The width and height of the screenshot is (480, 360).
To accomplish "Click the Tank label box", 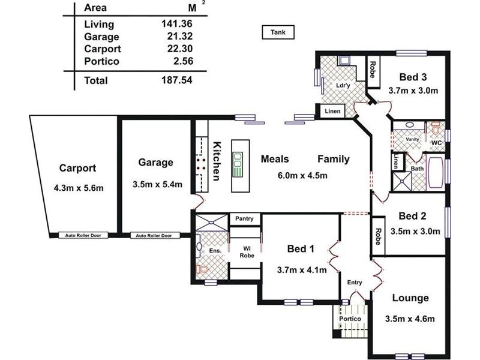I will point(278,32).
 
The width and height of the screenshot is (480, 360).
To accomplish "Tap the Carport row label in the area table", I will point(103,49).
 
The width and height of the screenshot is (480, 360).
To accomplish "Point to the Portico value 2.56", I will point(178,61).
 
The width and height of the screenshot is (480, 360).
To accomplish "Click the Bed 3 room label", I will point(413,77).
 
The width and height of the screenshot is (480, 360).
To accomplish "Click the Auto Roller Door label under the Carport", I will point(87,236).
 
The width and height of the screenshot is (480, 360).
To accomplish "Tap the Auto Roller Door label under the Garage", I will point(154,236).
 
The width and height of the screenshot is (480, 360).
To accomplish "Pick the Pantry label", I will point(245,218).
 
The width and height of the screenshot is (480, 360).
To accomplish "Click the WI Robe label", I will point(245,251).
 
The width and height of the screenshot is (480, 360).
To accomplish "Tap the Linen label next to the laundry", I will point(332,112).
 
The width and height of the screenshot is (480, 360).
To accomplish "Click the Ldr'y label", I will point(343,85).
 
